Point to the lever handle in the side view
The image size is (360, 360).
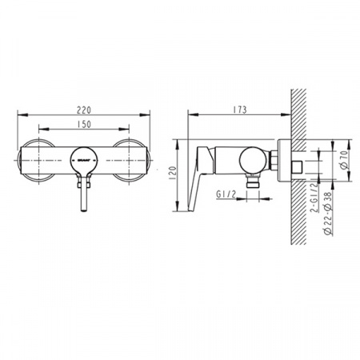[x=202, y=168]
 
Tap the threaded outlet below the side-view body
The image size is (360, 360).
[x=253, y=183]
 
